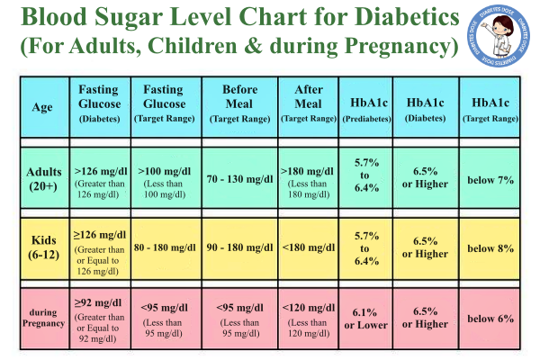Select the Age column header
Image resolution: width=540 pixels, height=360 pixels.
(42, 105)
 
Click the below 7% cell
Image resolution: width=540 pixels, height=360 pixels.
(490, 180)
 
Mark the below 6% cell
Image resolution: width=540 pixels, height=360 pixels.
(490, 318)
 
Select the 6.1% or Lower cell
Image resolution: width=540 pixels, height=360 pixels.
(365, 318)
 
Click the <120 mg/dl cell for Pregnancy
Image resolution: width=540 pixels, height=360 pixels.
(307, 317)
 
